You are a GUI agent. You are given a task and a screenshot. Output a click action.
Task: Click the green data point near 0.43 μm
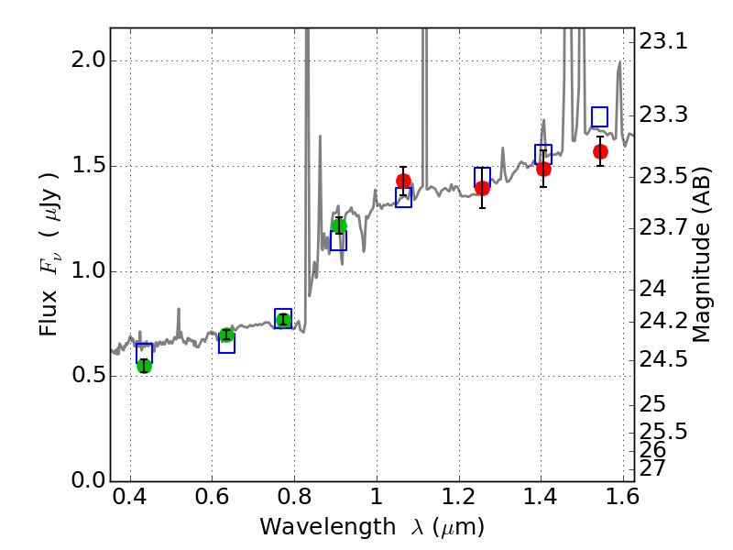coord(144,366)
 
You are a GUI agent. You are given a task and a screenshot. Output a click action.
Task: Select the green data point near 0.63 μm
coord(226,335)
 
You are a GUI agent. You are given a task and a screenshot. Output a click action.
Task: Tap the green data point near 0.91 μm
coord(339,225)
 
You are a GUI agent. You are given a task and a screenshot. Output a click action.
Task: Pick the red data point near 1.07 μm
coord(403,181)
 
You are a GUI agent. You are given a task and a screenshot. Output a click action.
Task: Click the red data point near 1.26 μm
coord(482,188)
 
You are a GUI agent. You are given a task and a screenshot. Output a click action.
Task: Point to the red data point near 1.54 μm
coord(600,151)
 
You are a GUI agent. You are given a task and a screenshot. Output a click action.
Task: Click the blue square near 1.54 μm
coord(600,116)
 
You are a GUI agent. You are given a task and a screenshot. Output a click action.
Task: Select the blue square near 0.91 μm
coord(339,240)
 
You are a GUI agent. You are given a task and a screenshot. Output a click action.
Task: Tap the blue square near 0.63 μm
coord(226,344)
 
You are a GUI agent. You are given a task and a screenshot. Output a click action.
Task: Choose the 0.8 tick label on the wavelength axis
coord(294,501)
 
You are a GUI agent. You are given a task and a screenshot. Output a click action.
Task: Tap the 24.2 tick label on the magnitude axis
coord(663,321)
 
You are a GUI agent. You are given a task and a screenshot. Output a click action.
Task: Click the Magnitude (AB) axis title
coord(703,255)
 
